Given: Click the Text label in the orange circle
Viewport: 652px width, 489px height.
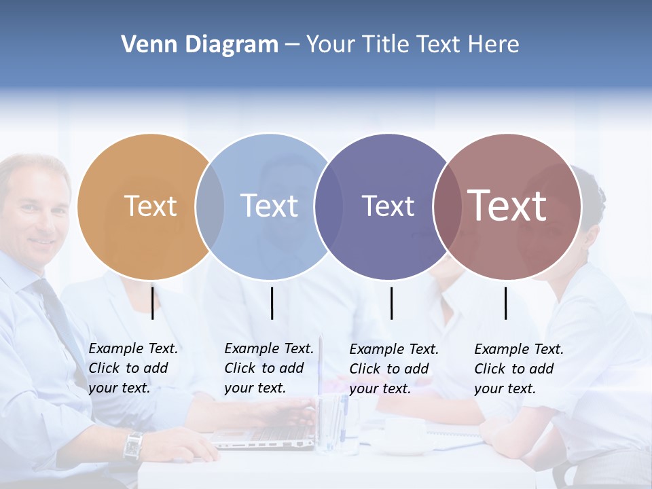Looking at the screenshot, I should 150,206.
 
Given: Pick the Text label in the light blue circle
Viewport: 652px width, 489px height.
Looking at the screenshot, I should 269,206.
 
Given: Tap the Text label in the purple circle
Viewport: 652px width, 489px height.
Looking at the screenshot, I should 388,206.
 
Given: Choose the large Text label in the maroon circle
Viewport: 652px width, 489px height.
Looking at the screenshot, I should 507,205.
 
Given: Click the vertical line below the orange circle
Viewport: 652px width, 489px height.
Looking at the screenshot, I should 153,303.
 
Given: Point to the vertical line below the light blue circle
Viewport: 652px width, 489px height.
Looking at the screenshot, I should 272,303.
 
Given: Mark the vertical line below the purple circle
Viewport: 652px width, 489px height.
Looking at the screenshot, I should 391,303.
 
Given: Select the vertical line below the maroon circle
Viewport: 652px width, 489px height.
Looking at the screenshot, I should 505,303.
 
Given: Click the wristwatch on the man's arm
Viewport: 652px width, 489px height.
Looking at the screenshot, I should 132,446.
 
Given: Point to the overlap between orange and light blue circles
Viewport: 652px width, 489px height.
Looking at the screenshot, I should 210,206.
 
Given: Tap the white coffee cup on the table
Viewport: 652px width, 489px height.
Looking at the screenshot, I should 403,434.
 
